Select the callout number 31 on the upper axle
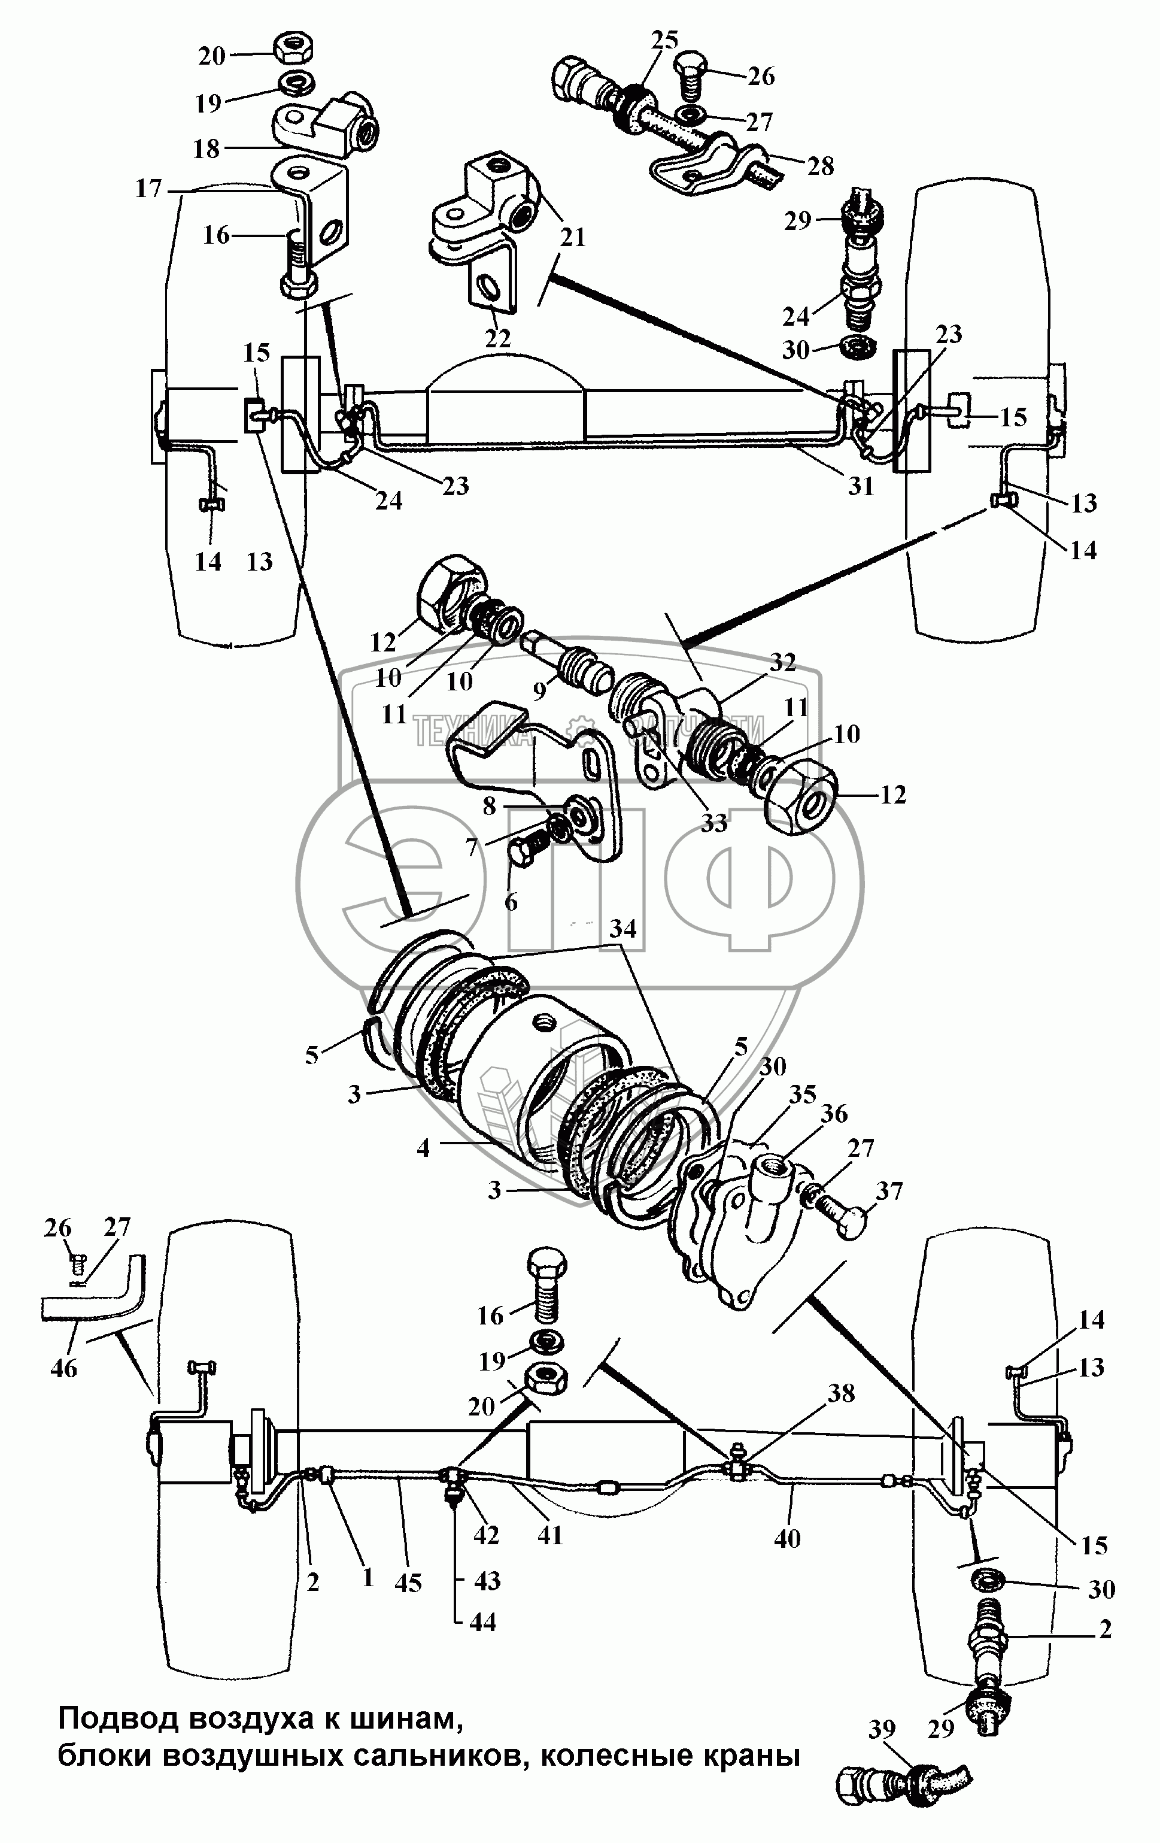pos(861,486)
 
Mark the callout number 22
pos(497,338)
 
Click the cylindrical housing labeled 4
pos(520,1072)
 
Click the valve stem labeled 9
pos(570,658)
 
